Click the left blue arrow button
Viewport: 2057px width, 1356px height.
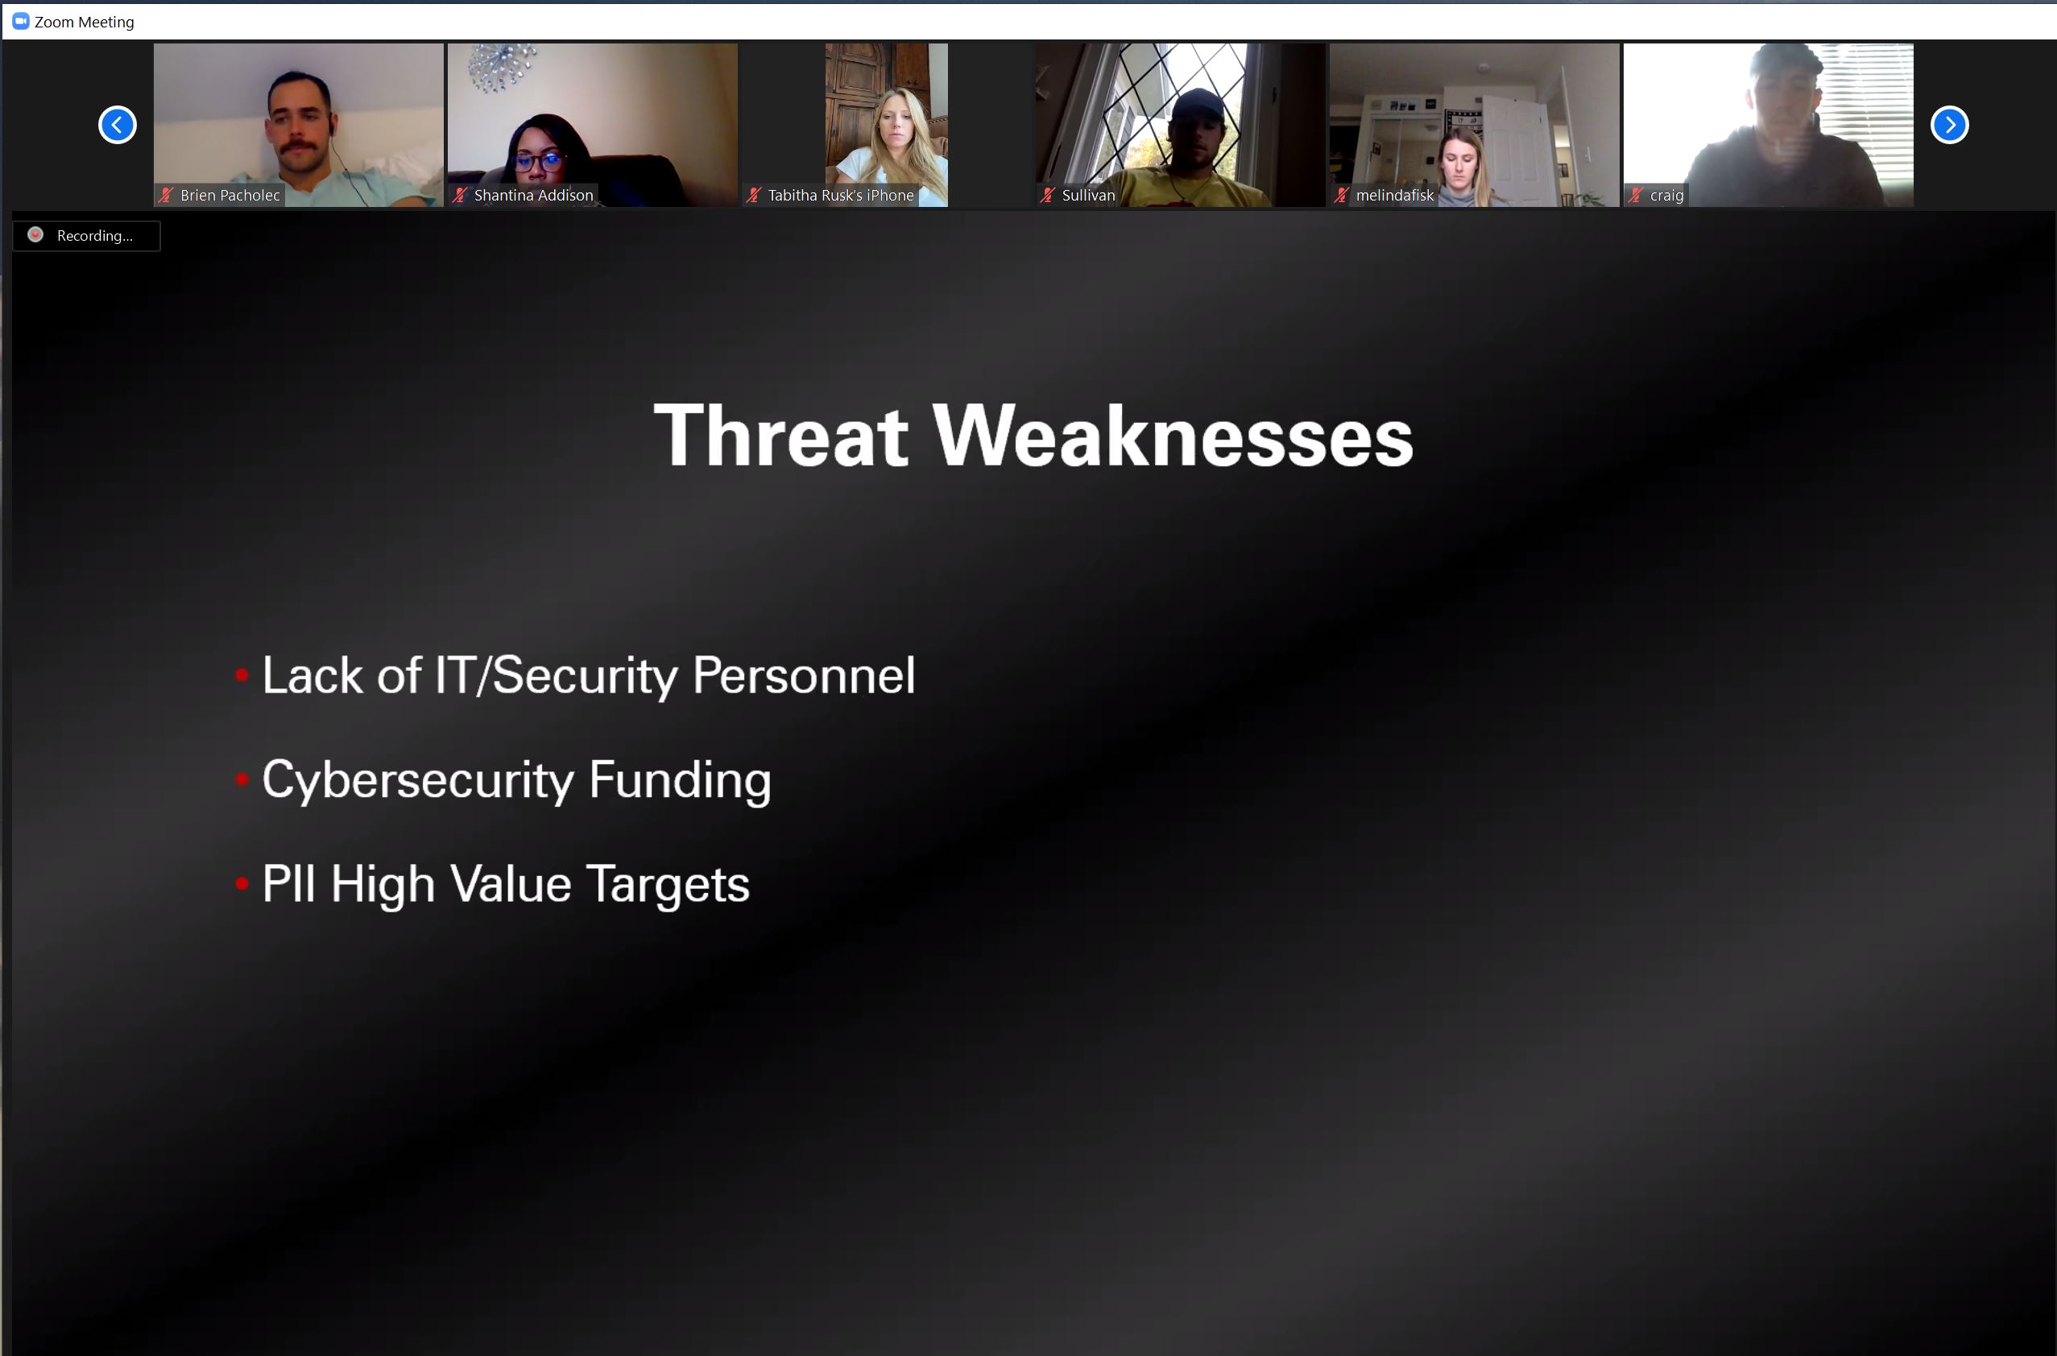(x=118, y=125)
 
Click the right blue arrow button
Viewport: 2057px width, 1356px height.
(x=1949, y=125)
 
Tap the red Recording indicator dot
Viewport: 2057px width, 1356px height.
(x=35, y=234)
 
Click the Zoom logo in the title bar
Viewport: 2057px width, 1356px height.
(x=21, y=21)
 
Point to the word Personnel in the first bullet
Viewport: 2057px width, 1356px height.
(x=804, y=675)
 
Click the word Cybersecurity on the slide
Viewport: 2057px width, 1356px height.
(x=418, y=781)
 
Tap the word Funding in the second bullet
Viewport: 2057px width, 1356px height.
(x=680, y=781)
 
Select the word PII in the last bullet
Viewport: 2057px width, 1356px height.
(x=288, y=884)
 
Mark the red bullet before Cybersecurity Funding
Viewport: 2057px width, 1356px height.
(x=242, y=779)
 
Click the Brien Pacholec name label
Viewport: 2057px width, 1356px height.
(x=230, y=196)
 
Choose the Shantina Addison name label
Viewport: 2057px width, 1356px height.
(x=534, y=196)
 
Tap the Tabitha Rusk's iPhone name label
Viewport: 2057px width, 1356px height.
(x=841, y=196)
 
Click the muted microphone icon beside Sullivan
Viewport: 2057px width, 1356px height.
(x=1048, y=196)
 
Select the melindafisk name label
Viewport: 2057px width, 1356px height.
(x=1394, y=196)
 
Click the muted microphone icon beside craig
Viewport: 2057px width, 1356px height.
(x=1636, y=196)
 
